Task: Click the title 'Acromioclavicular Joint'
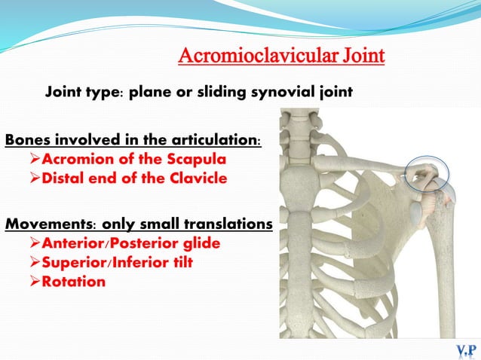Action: click(281, 56)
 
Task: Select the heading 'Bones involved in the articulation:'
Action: click(133, 141)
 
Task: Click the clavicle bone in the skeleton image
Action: click(362, 165)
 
